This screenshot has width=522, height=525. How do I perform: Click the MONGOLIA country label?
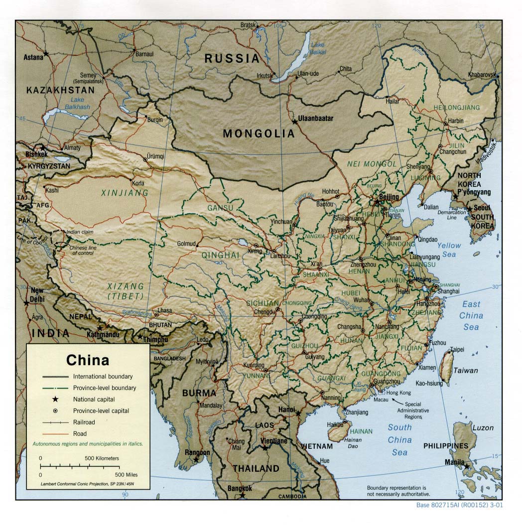[x=259, y=133]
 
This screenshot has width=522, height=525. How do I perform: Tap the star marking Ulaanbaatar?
[x=294, y=121]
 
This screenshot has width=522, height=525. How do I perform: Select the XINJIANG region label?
[x=125, y=192]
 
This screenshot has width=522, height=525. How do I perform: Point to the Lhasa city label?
[x=164, y=310]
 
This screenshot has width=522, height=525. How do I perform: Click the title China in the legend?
[x=88, y=360]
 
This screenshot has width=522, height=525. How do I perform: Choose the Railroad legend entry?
[x=84, y=422]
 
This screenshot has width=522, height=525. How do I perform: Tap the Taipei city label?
[x=457, y=349]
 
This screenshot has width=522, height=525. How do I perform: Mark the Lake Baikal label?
[x=317, y=48]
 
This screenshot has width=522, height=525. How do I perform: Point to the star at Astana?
[x=46, y=53]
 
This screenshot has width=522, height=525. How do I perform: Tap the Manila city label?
[x=455, y=462]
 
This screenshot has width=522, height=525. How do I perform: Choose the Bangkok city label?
[x=240, y=488]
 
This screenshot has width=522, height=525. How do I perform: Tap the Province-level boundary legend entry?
[x=104, y=388]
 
